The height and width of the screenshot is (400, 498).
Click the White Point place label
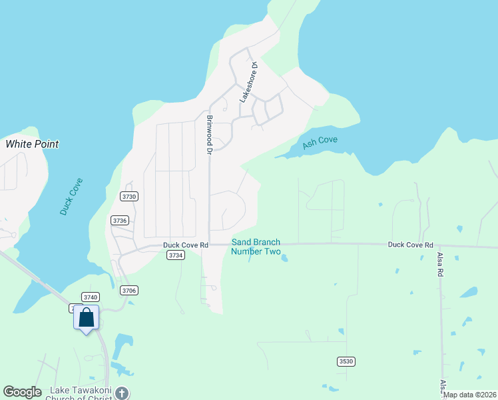pyautogui.click(x=32, y=144)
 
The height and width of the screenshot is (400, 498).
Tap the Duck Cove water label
pyautogui.click(x=71, y=196)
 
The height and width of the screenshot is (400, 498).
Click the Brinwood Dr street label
pyautogui.click(x=209, y=135)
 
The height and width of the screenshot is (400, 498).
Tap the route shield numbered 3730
pyautogui.click(x=129, y=196)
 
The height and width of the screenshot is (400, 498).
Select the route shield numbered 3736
pyautogui.click(x=120, y=220)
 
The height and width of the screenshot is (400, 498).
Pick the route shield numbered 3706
pyautogui.click(x=129, y=290)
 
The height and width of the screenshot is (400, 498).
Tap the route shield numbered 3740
pyautogui.click(x=91, y=297)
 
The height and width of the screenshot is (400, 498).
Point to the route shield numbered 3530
pyautogui.click(x=345, y=361)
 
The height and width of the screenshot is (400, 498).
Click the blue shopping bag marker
pyautogui.click(x=87, y=318)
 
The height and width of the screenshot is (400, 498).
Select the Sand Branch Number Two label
pyautogui.click(x=256, y=247)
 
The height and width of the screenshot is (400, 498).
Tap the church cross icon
pyautogui.click(x=122, y=393)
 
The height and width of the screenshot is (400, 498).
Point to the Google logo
pyautogui.click(x=23, y=392)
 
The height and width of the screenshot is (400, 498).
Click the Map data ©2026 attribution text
pyautogui.click(x=470, y=395)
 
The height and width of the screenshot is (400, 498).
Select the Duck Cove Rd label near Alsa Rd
pyautogui.click(x=411, y=245)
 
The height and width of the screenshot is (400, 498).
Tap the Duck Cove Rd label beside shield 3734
pyautogui.click(x=186, y=245)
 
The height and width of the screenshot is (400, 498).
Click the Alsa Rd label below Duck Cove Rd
pyautogui.click(x=440, y=264)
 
